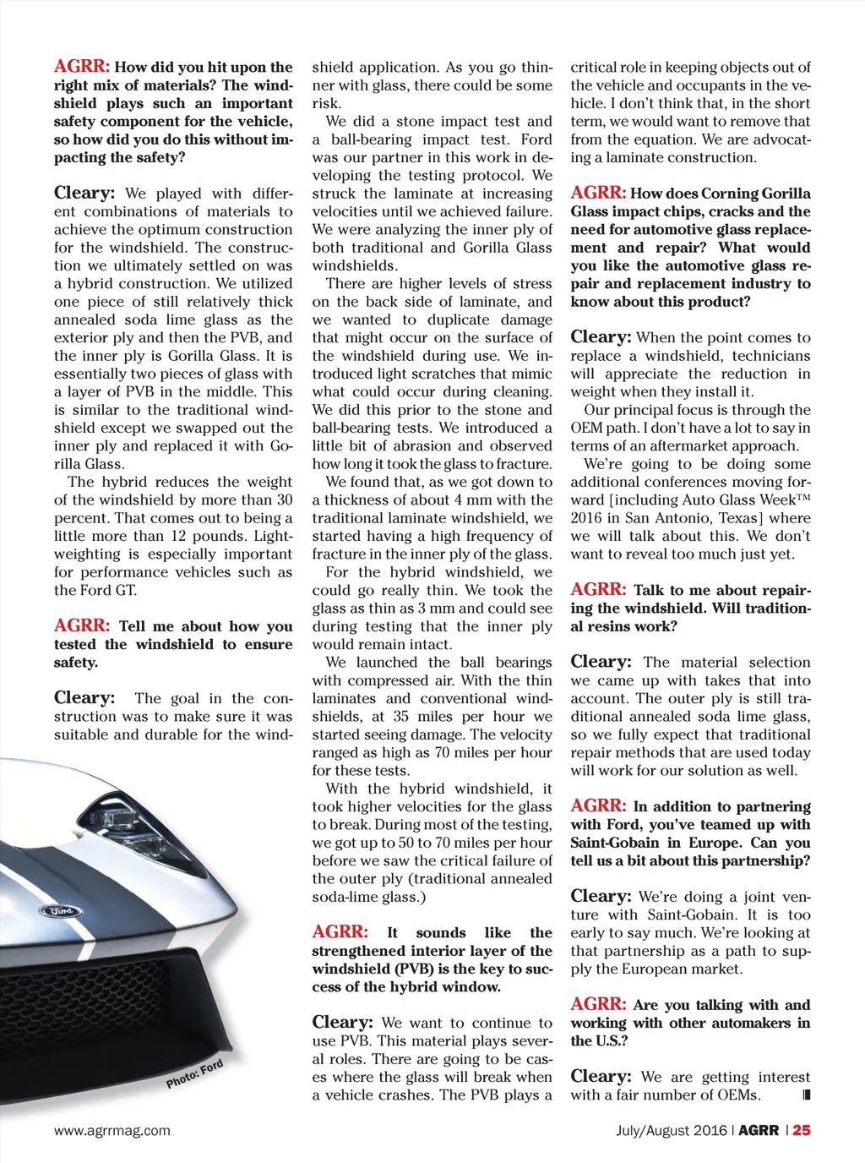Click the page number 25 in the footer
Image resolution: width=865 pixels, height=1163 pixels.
point(802,1130)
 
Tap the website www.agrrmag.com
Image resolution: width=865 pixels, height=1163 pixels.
point(112,1130)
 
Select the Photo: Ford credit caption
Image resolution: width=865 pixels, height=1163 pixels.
point(194,1074)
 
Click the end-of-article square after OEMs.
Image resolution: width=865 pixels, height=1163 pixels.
point(806,1095)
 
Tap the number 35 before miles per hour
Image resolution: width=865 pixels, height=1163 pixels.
point(403,717)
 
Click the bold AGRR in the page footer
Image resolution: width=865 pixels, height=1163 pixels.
point(758,1130)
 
